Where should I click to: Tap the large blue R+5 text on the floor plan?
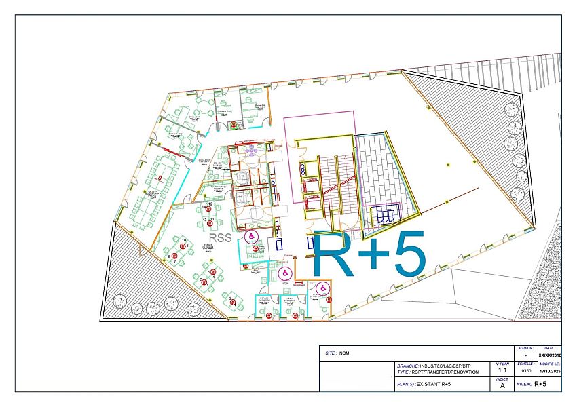(x=370, y=254)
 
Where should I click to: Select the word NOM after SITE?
(x=344, y=353)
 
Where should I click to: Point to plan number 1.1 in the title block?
(x=502, y=371)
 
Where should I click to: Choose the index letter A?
(x=502, y=386)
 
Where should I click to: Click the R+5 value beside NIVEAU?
(x=540, y=385)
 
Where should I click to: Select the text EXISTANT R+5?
(x=434, y=385)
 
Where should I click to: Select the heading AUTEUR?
(x=525, y=347)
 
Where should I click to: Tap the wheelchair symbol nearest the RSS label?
(x=251, y=236)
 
